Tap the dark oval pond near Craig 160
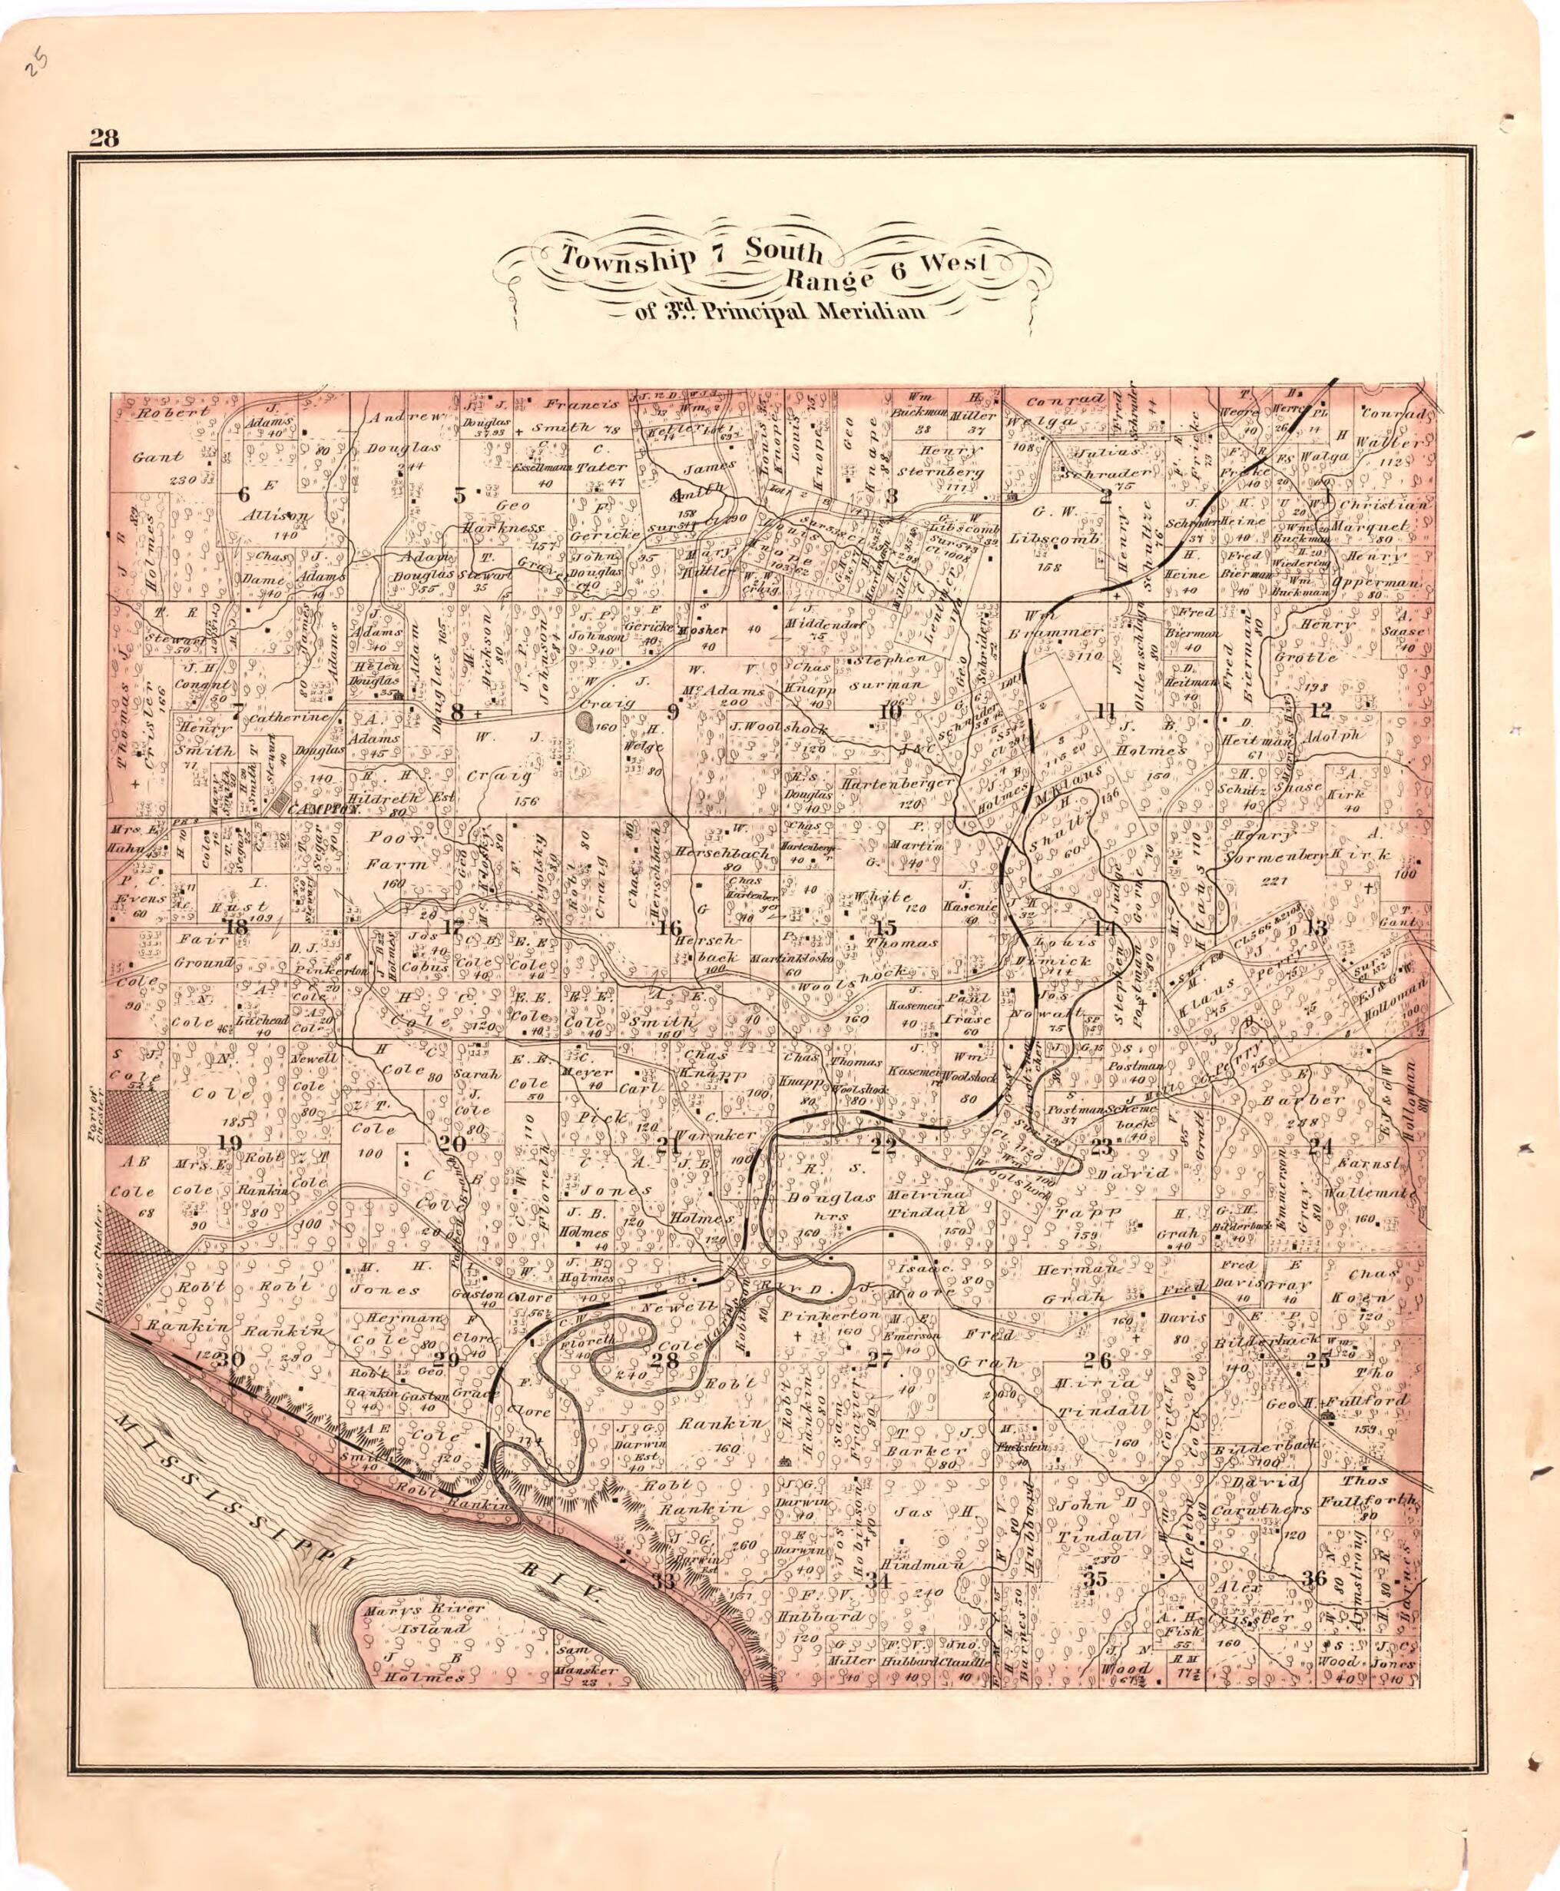[x=585, y=720]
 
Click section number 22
[x=883, y=1145]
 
